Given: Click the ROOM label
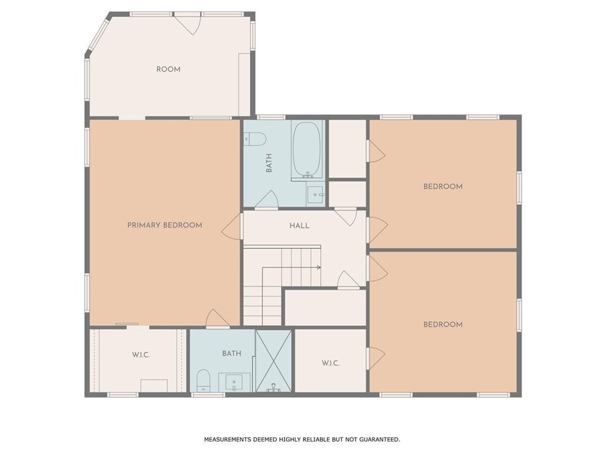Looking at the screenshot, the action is click(168, 69).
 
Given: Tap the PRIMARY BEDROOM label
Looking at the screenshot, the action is click(165, 225).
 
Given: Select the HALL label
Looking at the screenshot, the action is click(299, 225).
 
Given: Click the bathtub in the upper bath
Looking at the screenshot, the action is click(307, 150).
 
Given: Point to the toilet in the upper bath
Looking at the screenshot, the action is click(255, 139).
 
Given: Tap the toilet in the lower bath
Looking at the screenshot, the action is click(204, 380).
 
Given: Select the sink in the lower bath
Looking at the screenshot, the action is click(234, 383).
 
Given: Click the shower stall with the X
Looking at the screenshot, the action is click(273, 361).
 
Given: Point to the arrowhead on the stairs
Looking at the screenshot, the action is click(319, 267).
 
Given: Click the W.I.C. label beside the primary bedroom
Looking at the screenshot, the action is click(141, 355).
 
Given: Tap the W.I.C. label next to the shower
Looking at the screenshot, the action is click(330, 363).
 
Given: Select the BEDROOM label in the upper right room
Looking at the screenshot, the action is click(443, 187).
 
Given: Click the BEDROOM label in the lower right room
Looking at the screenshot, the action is click(443, 324).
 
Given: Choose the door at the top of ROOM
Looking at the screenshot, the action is click(188, 23).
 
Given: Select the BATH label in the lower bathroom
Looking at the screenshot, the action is click(231, 353).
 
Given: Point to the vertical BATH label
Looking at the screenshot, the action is click(269, 164).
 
